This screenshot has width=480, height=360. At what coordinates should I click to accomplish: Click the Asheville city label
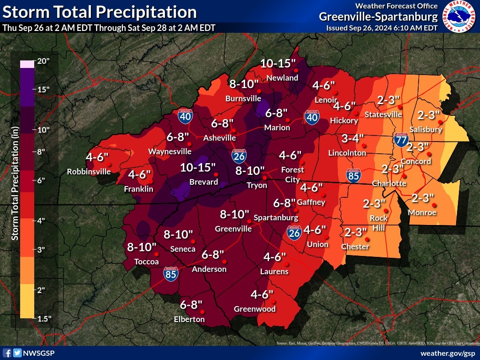tap(219, 138)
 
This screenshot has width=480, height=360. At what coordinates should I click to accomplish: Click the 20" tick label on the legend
tap(44, 61)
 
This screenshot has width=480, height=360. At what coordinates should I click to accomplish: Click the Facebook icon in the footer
tap(7, 353)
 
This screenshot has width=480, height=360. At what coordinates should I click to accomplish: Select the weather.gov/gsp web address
tap(448, 353)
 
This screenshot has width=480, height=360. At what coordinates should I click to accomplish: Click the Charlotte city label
tap(389, 183)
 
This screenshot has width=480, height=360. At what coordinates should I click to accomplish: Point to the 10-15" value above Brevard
tap(198, 167)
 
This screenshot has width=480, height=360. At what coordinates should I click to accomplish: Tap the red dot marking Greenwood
tap(271, 301)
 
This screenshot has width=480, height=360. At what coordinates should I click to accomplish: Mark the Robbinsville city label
tap(89, 172)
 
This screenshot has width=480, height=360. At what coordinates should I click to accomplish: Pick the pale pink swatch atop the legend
tap(27, 64)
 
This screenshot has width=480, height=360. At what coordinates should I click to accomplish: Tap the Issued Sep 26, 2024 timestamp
tap(382, 28)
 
